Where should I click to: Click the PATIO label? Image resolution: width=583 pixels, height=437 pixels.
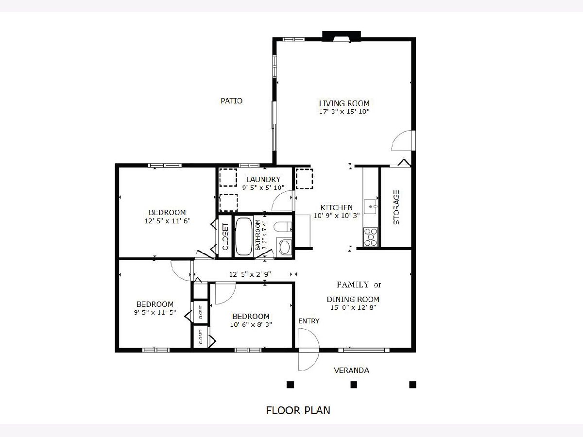coord(231,101)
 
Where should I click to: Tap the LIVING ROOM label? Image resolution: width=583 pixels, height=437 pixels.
coord(344,103)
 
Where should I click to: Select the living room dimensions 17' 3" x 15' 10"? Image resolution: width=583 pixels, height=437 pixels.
coord(344,112)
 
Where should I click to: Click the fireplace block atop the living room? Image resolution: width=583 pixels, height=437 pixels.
coord(342,36)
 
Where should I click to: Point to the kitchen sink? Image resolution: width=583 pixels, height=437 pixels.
coord(371,206)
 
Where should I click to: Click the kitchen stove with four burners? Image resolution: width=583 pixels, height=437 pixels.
coord(371,237)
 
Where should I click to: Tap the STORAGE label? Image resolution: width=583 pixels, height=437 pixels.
coord(396,207)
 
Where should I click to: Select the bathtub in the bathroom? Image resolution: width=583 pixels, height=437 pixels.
coord(243,236)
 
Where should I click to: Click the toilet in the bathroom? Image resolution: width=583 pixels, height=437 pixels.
coord(283,227)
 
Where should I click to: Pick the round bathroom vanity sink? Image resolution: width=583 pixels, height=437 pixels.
coord(285,247)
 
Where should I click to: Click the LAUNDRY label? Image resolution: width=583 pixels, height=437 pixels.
coord(263,180)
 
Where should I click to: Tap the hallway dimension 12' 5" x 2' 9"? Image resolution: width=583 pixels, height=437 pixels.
coord(250,274)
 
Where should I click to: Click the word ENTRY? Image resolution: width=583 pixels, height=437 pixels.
coord(309,321)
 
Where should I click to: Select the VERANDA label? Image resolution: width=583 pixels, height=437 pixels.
coord(351,370)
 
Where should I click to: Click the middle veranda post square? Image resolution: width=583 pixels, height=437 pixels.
coord(354,385)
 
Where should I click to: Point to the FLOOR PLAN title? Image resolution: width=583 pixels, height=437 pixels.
coord(298,410)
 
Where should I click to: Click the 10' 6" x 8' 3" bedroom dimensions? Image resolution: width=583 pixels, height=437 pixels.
coord(251,324)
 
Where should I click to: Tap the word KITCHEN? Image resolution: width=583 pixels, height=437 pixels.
coord(337,207)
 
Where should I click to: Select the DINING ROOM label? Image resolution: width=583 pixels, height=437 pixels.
coord(353,299)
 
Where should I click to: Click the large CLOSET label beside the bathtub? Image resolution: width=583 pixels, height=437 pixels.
coord(225,236)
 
